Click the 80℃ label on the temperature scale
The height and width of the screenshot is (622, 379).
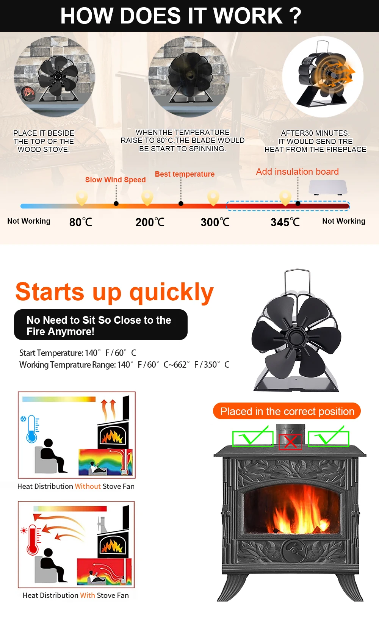tap(80, 222)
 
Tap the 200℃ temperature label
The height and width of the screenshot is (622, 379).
tap(150, 222)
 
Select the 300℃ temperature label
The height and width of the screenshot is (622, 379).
tap(215, 222)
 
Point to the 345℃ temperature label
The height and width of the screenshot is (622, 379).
tap(285, 222)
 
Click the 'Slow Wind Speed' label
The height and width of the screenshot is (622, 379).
tap(116, 180)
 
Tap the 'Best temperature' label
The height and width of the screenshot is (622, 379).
tap(185, 174)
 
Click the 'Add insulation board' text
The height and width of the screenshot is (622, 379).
tap(298, 172)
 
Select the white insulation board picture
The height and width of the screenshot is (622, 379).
tap(328, 187)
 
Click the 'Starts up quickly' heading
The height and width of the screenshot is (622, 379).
tap(114, 292)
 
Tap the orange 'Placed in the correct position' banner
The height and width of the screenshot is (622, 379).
tap(287, 411)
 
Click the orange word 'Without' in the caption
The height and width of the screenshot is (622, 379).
tap(88, 486)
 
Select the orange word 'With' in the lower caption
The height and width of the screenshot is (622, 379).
tap(88, 595)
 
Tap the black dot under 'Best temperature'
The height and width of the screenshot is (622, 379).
tap(181, 204)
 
